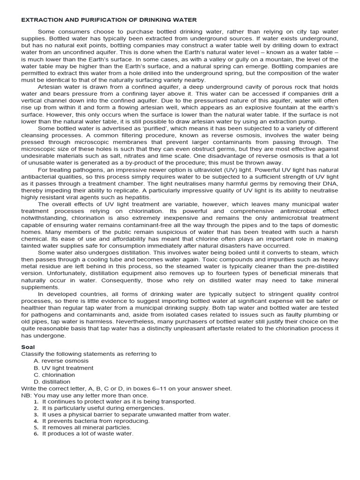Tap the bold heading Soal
click(29, 347)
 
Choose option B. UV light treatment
click(63, 368)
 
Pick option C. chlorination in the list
click(54, 375)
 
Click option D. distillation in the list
click(52, 382)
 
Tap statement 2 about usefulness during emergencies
click(103, 408)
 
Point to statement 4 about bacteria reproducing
click(96, 421)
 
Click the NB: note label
click(27, 395)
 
